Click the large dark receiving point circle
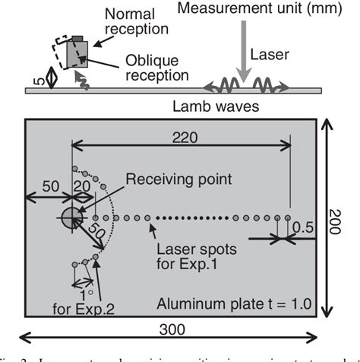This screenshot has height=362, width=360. click(x=70, y=218)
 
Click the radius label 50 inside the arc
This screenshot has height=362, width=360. click(x=95, y=230)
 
